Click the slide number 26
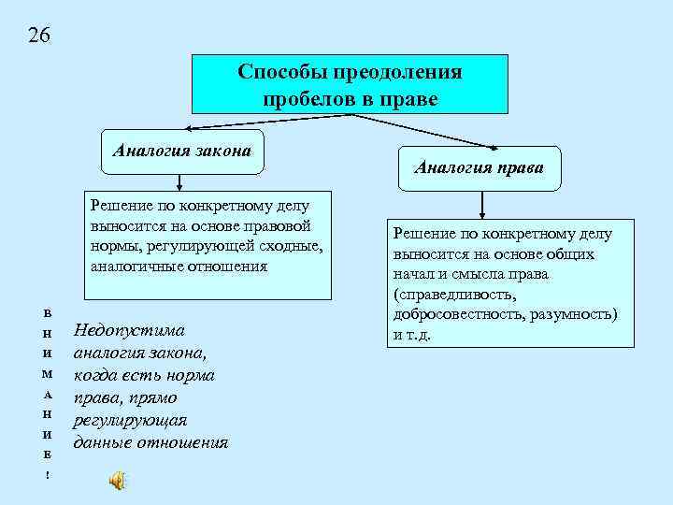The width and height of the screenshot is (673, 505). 39,36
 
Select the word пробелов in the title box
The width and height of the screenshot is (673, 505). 305,98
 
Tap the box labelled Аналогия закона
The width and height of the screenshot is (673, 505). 182,149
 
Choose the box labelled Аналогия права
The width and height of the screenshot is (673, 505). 480,169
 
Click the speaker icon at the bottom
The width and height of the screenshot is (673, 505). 117,481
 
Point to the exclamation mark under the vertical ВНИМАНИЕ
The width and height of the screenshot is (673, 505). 48,476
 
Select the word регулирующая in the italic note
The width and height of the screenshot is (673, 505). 131,420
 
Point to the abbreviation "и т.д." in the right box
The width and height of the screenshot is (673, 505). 412,334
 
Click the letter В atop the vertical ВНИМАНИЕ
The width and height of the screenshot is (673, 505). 48,310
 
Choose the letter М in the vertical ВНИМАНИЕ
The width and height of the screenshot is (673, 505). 48,373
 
